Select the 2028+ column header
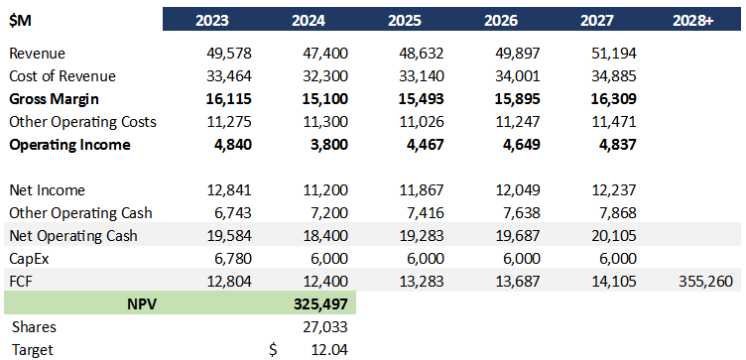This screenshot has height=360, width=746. (697, 20)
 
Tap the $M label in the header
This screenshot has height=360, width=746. (20, 20)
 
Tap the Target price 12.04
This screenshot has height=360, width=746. (327, 349)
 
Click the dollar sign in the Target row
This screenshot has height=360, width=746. (274, 349)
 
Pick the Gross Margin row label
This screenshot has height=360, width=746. (54, 98)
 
